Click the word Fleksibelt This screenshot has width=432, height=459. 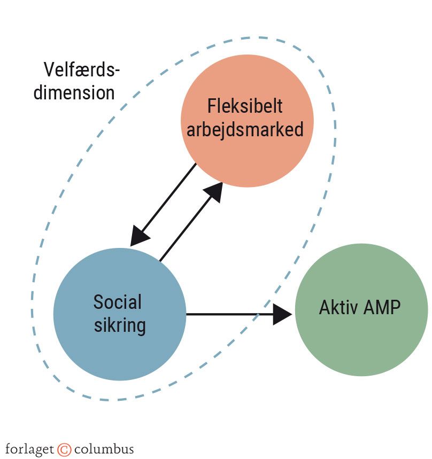(x=245, y=106)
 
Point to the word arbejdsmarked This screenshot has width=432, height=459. (x=245, y=129)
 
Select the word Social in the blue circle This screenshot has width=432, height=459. (x=118, y=302)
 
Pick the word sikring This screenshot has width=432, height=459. (x=120, y=325)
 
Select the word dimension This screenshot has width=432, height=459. (x=74, y=92)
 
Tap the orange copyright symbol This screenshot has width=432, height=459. (x=64, y=448)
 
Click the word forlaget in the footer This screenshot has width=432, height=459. (x=30, y=448)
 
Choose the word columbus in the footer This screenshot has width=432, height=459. (x=104, y=448)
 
